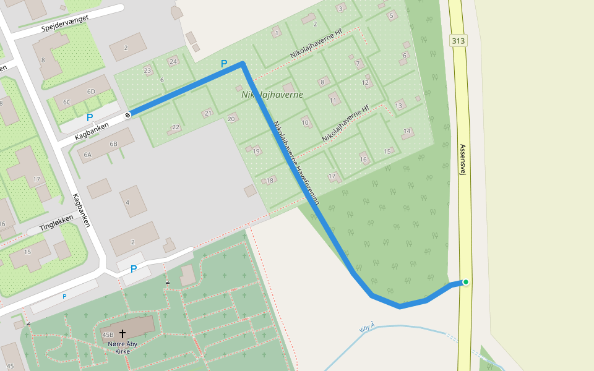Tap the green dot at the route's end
click(x=465, y=283)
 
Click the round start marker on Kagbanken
click(x=128, y=115)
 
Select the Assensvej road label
click(x=462, y=160)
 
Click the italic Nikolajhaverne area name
click(x=272, y=95)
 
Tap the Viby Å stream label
click(x=367, y=328)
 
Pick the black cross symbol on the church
click(x=122, y=334)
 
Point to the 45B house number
click(x=107, y=335)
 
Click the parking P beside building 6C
click(x=90, y=117)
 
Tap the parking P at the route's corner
click(x=224, y=64)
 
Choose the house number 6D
click(x=92, y=92)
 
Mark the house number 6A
click(x=87, y=155)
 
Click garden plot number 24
click(x=173, y=62)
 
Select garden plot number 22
click(x=176, y=127)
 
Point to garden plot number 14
click(x=407, y=131)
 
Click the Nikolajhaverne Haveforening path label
click(x=296, y=161)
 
